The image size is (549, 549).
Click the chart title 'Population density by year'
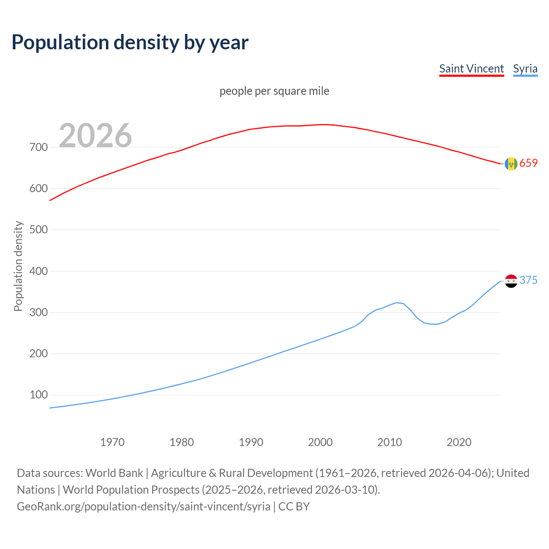click(130, 42)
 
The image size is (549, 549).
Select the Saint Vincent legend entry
click(471, 69)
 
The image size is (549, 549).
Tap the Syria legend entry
click(525, 69)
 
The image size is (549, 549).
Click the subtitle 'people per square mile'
click(274, 91)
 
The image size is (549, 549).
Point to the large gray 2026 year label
click(95, 136)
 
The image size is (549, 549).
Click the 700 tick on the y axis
click(39, 147)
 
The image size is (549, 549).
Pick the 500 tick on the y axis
click(39, 230)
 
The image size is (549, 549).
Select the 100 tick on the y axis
click(39, 395)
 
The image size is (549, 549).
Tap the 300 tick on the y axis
click(39, 312)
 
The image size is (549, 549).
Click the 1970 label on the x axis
click(112, 442)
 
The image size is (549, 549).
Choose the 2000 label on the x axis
click(320, 442)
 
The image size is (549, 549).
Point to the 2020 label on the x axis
click(459, 442)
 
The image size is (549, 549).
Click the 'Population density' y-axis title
click(18, 266)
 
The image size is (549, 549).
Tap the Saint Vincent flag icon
click(511, 164)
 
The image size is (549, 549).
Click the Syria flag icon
click(511, 281)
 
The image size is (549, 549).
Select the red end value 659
click(528, 163)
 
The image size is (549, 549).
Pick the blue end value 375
click(528, 281)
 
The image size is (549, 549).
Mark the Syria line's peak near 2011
click(396, 302)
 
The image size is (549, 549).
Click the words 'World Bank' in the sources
click(114, 473)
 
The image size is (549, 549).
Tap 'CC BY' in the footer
click(294, 507)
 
